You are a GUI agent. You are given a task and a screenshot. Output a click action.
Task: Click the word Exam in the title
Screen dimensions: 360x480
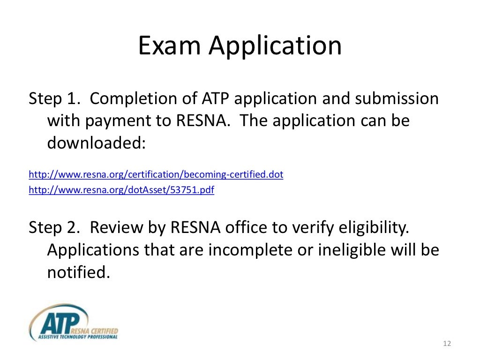click(169, 46)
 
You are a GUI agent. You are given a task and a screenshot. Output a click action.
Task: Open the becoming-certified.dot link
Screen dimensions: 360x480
click(156, 175)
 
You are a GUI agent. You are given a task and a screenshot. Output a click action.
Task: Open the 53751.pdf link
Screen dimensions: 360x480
click(121, 190)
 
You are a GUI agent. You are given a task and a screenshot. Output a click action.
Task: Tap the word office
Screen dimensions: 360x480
click(248, 228)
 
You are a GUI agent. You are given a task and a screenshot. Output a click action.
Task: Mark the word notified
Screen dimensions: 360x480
click(78, 271)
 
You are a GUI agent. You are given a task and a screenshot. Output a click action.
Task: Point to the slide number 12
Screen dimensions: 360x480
click(446, 345)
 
